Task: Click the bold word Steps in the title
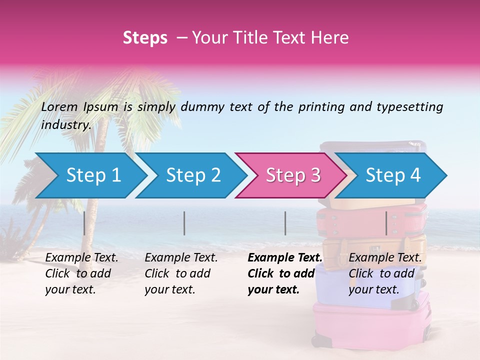(145, 38)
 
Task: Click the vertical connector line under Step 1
(84, 223)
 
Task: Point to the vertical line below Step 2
(184, 223)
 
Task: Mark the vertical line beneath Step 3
(285, 223)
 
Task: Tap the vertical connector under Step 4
(386, 223)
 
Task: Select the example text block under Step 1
(81, 273)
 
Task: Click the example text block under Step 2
(181, 273)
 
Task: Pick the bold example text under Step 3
(284, 273)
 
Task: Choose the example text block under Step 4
(385, 273)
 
